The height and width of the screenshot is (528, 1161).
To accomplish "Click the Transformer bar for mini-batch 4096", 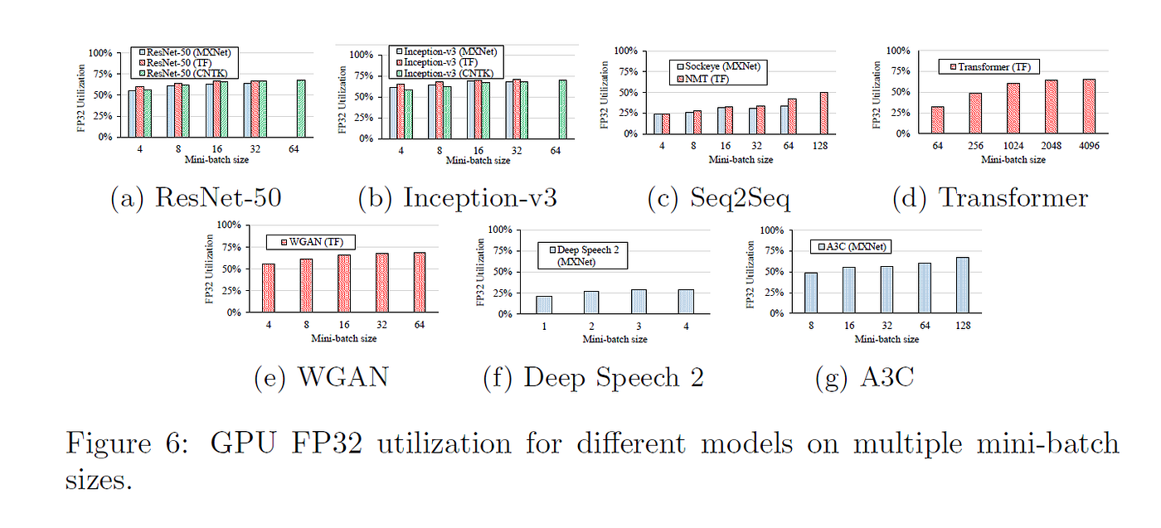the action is pos(1089,106).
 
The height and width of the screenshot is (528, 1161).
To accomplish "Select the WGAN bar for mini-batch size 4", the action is pos(269,288).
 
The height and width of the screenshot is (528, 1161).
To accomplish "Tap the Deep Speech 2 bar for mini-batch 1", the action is pos(544,305).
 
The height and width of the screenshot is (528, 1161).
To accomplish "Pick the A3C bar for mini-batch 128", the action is pos(963,285).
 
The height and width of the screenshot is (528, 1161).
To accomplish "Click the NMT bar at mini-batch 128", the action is pos(824,113).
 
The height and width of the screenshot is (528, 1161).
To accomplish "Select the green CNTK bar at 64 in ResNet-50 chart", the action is pos(301,109).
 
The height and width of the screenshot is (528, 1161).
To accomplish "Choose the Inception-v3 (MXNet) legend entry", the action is pos(446,51).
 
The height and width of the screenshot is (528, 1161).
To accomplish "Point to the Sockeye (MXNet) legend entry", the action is pos(718,66).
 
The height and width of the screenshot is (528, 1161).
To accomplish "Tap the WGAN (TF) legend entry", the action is pos(312,242).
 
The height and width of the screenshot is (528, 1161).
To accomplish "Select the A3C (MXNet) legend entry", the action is pos(852,247).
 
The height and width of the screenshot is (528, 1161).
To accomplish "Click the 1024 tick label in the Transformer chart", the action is pos(1013,146).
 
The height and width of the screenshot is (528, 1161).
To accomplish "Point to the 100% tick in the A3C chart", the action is pos(772,230).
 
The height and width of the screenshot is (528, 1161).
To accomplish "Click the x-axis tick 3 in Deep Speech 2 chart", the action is pos(639,327).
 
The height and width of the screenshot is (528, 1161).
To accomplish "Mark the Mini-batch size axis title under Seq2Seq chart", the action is pos(741,160).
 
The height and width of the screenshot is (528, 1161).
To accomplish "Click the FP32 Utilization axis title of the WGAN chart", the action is pos(209,269).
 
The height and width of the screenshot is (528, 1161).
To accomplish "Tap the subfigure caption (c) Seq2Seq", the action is pos(719,198).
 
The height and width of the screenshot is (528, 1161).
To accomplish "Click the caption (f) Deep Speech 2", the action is pos(594,377).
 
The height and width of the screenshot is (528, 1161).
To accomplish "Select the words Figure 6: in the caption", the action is pos(127,443).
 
